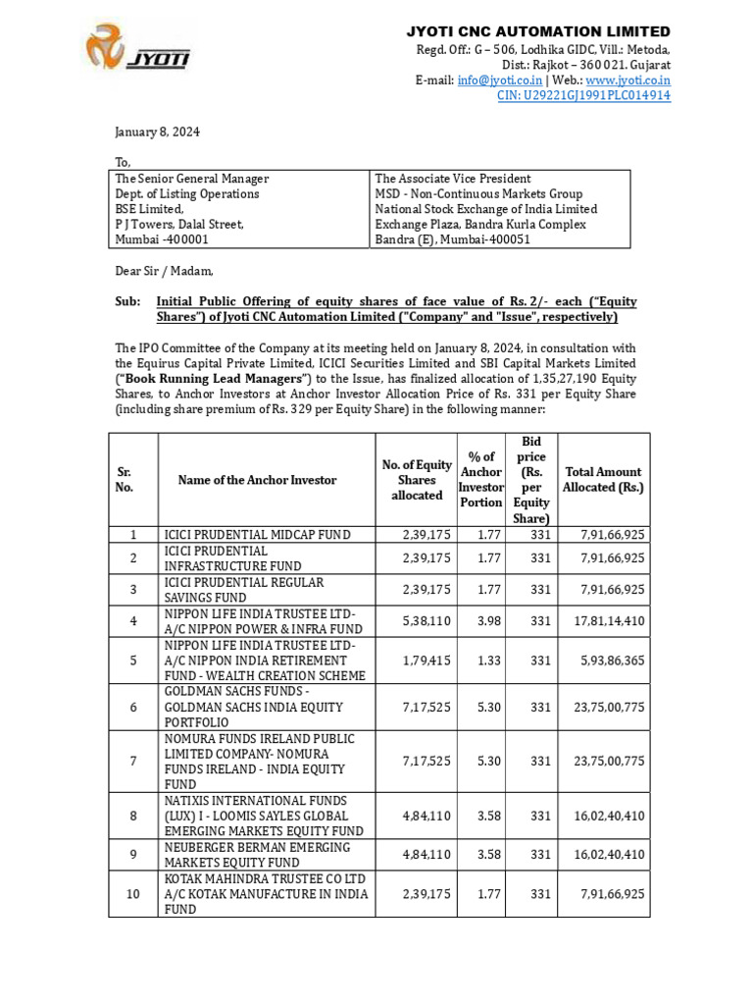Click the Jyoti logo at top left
[138, 50]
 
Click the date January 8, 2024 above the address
[154, 132]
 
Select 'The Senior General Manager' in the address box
[192, 179]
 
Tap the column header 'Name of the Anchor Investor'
[257, 480]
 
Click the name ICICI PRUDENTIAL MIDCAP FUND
[256, 535]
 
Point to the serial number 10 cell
[132, 894]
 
